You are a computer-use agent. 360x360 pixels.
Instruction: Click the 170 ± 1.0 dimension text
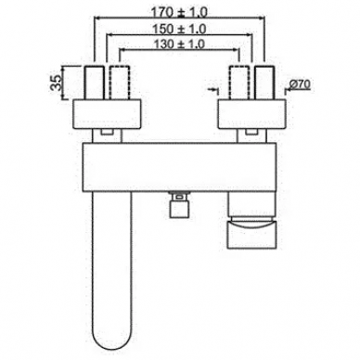[179, 13]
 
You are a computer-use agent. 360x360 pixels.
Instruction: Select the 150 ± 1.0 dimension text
[179, 30]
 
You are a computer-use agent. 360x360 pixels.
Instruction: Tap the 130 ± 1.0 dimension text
[179, 45]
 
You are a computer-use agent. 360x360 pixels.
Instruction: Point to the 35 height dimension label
[56, 83]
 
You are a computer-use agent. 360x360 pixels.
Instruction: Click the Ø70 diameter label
[301, 84]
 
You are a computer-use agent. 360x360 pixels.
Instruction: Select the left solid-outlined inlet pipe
[94, 83]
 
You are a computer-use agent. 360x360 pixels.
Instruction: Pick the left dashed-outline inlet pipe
[120, 83]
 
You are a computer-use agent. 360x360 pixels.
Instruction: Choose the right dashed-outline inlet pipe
[238, 83]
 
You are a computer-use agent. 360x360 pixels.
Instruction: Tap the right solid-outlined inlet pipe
[264, 83]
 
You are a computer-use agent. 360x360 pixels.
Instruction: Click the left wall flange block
[107, 114]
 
